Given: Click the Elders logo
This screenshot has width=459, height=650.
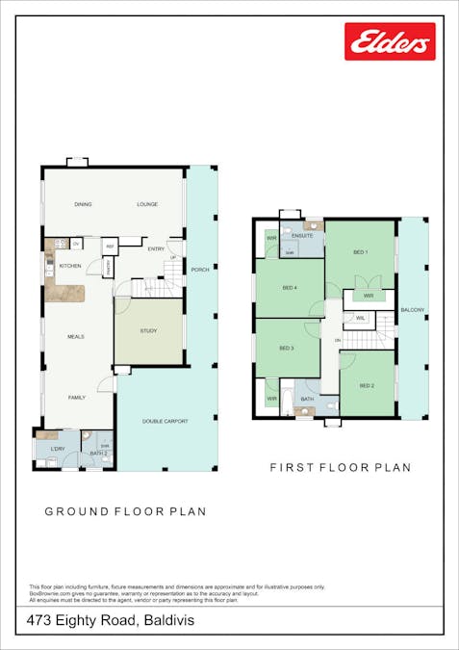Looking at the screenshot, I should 390,41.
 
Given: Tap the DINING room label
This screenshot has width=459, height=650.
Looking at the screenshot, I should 83,205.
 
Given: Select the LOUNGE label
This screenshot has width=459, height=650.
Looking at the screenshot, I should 147,205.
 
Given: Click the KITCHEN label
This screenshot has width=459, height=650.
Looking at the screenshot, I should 70,266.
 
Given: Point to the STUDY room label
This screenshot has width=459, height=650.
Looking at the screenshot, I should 148,331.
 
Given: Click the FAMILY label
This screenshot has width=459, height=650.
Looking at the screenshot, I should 77,397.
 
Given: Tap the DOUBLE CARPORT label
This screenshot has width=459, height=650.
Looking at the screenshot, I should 166,422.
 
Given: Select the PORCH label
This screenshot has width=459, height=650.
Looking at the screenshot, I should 200,270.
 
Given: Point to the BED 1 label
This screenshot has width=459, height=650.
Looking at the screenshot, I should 360,252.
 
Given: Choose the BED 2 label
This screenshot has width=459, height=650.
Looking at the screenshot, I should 366,385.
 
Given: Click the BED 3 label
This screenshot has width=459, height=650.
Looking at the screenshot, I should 286,348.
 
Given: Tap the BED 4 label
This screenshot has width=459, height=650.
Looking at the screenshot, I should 290,288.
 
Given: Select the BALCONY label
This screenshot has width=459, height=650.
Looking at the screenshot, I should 413,310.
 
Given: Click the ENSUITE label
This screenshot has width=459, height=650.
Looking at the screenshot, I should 303,235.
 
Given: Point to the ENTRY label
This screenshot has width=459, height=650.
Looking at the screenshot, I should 156,249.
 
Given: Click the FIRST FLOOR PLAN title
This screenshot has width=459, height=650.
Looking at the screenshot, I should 340,468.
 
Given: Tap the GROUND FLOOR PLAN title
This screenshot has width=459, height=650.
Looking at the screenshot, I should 125,511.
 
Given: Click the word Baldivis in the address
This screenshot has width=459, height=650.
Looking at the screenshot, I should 168,621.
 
